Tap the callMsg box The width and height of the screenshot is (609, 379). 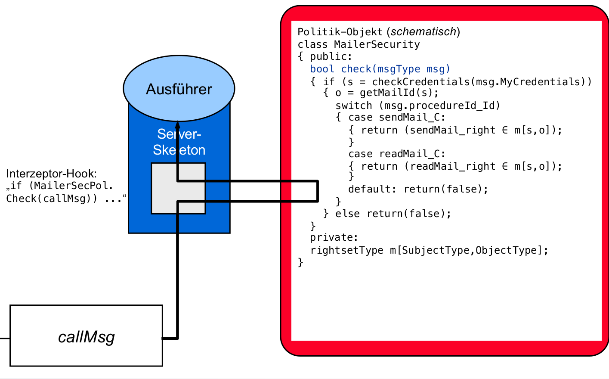point(86,336)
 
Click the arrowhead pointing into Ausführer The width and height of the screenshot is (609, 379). point(177,117)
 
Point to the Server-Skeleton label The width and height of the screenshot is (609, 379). point(179,142)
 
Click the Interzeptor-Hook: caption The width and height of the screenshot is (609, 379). point(52,174)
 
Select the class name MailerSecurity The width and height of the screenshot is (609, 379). point(377,44)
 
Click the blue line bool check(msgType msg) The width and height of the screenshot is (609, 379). point(380,69)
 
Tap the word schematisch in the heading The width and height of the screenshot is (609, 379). point(424,32)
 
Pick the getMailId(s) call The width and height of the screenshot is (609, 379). point(399,93)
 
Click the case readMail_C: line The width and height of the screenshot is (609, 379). point(396,154)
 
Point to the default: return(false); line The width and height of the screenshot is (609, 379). point(418,189)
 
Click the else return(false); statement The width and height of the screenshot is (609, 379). point(393,214)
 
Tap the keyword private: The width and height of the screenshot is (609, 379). point(334,237)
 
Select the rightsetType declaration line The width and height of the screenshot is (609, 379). point(429,250)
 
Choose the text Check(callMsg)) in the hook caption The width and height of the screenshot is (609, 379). point(52,199)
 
